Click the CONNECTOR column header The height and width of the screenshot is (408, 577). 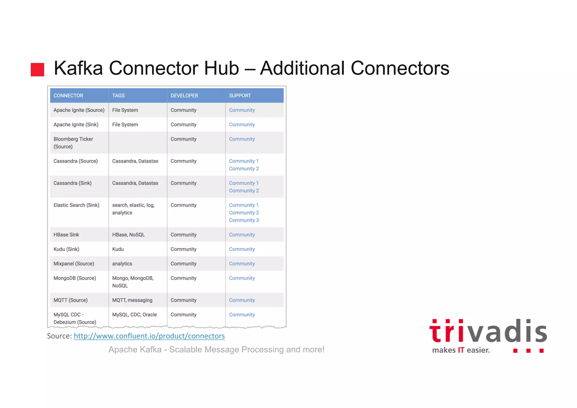[68, 96]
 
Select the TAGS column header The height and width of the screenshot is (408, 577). [118, 96]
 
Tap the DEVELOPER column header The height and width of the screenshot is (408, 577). [184, 96]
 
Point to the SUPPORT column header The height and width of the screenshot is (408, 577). [240, 96]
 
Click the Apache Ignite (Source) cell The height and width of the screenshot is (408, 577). [79, 110]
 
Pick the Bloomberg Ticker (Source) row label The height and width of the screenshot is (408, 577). [73, 143]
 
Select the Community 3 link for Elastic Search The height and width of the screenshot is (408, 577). [244, 220]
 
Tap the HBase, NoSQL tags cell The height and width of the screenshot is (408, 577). [128, 235]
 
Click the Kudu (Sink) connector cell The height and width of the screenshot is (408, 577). [66, 249]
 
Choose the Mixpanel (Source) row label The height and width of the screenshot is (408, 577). [74, 264]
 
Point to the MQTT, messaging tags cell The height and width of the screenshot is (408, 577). [132, 300]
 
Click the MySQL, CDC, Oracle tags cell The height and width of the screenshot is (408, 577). [134, 314]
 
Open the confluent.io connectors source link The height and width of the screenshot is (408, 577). [149, 336]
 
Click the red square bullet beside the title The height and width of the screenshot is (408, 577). [37, 70]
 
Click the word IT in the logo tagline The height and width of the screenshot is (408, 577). [461, 350]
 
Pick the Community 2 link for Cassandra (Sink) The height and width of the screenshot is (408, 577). [244, 191]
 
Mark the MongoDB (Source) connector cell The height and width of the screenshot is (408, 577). [75, 278]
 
